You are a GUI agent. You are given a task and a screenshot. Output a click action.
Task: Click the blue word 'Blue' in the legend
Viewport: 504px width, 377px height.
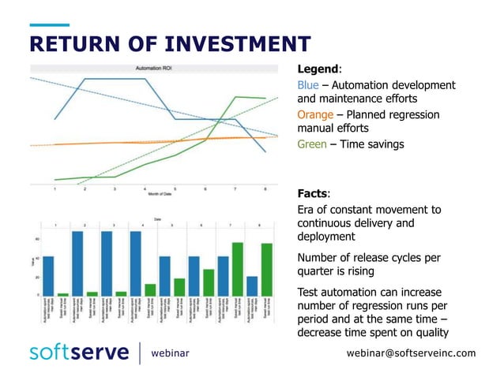point(307,84)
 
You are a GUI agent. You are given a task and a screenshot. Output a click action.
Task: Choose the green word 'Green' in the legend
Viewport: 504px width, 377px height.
point(314,144)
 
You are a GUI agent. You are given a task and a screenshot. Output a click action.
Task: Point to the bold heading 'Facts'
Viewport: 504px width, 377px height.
point(313,193)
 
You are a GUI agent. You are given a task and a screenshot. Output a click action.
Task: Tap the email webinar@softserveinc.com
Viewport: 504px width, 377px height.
point(411,353)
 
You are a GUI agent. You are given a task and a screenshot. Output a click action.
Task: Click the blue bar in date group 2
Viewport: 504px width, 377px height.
point(77,263)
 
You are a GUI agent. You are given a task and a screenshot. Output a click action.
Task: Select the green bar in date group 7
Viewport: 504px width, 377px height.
point(237,270)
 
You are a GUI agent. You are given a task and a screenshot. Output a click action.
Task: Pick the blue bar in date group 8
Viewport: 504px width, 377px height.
point(252,286)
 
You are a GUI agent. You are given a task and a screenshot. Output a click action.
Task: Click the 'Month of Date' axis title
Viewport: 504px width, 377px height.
point(160,196)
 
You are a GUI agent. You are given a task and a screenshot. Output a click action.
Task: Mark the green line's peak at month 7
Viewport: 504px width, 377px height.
point(235,97)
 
